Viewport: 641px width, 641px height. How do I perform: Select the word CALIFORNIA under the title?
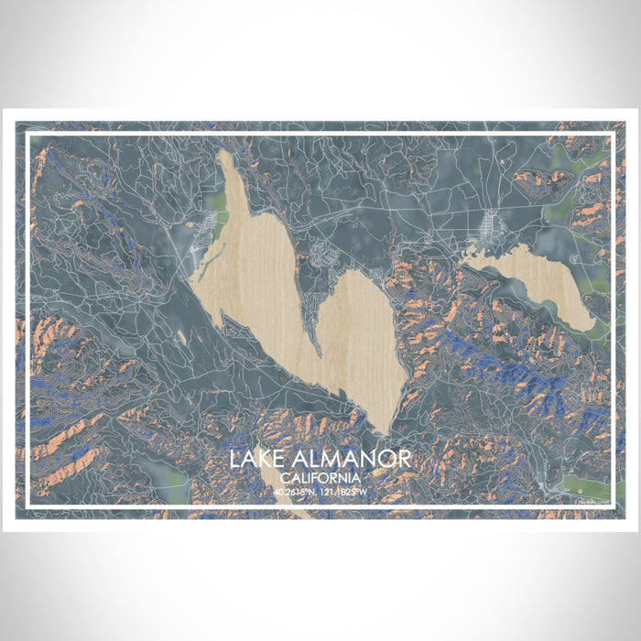(x=320, y=478)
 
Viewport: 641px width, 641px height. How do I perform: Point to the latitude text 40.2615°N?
(x=294, y=492)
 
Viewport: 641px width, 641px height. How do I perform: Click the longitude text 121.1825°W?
(x=343, y=492)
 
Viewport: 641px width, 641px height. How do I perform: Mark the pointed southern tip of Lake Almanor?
(x=388, y=430)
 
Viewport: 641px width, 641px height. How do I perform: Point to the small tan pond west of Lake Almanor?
(x=182, y=338)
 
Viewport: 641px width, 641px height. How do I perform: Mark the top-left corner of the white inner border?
(x=28, y=136)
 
